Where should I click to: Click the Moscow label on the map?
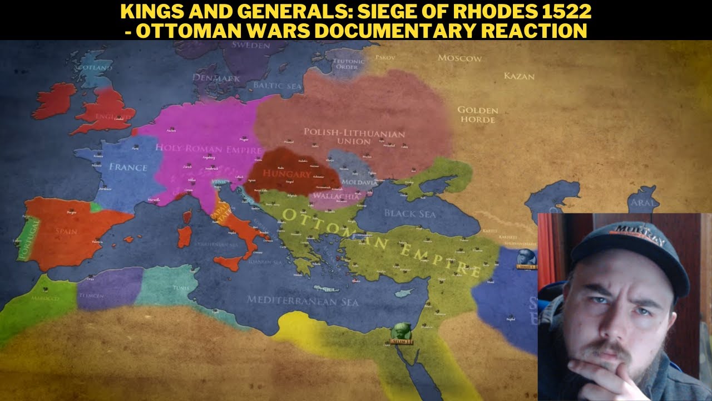tap(459, 58)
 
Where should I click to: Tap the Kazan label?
tap(519, 76)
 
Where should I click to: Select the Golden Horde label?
tap(477, 114)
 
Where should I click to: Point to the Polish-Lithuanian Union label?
tap(354, 136)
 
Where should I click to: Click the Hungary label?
tap(287, 174)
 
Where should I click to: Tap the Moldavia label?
tap(362, 182)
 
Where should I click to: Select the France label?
tap(128, 167)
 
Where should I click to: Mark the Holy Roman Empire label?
tap(209, 149)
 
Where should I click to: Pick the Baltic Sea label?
tap(278, 86)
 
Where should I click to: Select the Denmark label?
tap(216, 79)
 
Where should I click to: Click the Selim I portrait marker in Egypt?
tap(399, 332)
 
